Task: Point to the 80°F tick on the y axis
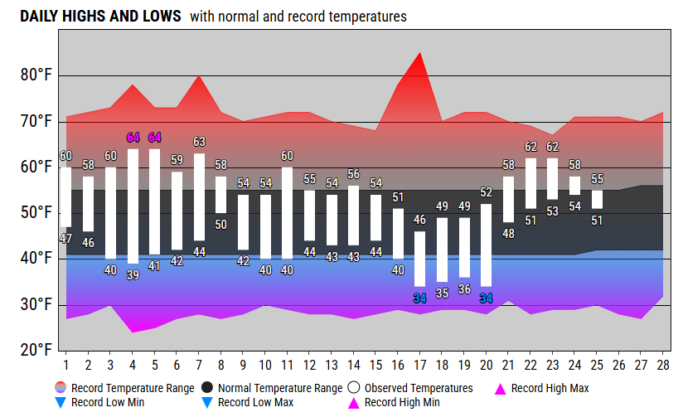36,75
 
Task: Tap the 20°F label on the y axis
36,351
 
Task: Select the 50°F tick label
36,213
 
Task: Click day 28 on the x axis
662,364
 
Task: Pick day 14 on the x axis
354,364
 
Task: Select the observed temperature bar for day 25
597,200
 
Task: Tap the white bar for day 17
420,259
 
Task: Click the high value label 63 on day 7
199,142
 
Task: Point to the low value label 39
133,275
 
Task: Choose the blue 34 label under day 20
486,298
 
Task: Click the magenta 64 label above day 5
155,138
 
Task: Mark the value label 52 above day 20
486,192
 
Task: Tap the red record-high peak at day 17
420,55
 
